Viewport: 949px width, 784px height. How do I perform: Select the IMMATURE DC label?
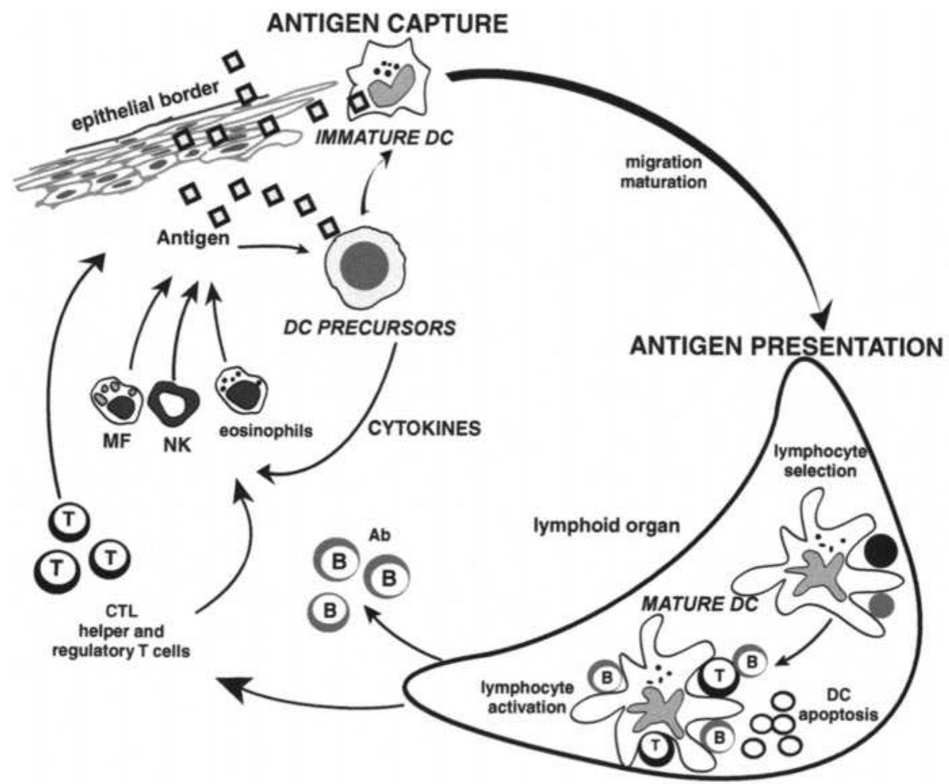(x=384, y=137)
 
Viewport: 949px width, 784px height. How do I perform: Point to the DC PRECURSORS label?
(x=370, y=328)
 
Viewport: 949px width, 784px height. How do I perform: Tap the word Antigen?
(x=193, y=238)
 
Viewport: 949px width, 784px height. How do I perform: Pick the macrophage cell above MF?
(x=116, y=402)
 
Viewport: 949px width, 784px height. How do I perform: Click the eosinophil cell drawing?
(x=241, y=392)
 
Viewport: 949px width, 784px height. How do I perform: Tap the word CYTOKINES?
(x=424, y=428)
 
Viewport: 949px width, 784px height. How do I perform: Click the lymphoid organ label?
(x=606, y=525)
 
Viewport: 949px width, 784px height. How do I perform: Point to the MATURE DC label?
(x=699, y=603)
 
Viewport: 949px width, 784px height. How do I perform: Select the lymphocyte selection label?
(x=820, y=460)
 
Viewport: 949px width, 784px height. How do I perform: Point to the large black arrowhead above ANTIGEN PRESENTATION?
(x=821, y=313)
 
